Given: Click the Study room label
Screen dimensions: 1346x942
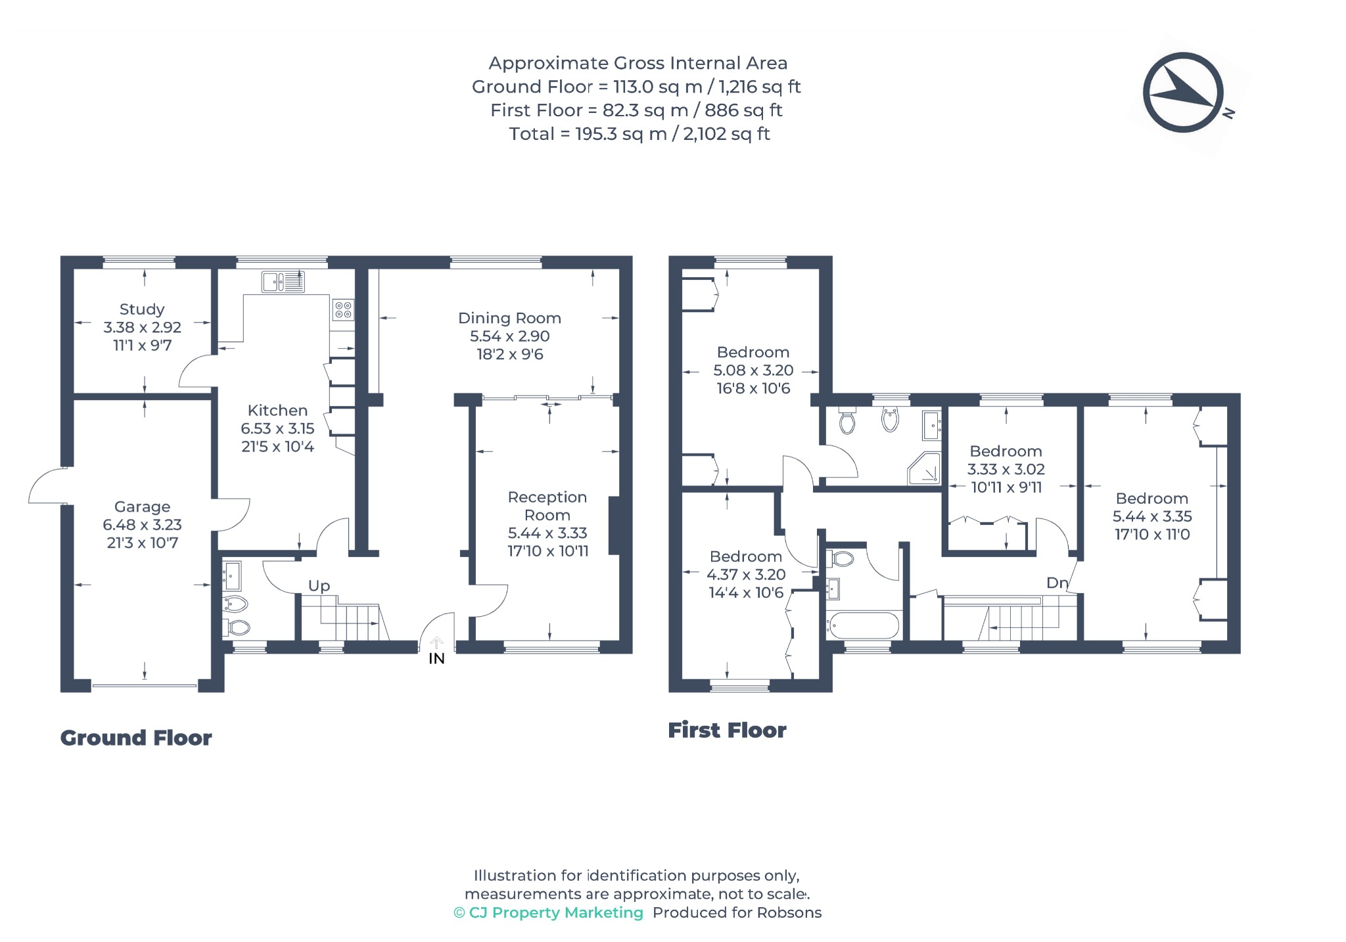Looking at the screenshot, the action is coord(142,309).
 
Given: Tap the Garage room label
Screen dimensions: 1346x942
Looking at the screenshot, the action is coord(142,506).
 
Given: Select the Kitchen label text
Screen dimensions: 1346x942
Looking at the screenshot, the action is coord(277,411).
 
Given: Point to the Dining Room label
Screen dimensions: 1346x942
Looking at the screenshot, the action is coord(509,319).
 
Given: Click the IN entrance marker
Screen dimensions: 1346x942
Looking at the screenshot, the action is coord(436,658).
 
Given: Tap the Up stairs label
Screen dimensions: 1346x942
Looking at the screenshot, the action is coord(319,586).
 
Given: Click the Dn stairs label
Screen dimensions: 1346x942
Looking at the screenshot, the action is coord(1057,583).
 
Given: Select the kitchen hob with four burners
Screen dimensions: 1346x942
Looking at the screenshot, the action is coord(343,309).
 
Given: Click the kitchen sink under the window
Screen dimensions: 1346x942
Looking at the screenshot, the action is coord(283,282).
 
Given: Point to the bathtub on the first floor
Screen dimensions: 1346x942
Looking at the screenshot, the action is coord(863,625).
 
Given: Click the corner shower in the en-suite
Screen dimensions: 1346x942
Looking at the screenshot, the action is coord(925,468).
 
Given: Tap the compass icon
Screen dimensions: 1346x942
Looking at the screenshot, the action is coord(1183,93).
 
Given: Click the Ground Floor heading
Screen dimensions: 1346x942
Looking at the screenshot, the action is coord(136,738).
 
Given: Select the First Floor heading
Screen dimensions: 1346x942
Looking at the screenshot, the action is coord(727,730).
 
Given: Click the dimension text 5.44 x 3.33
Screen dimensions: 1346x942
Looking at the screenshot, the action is coord(547,533).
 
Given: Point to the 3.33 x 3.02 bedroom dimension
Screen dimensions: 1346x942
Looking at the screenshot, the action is coord(1006,469).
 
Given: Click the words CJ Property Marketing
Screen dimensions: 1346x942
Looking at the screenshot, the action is coord(556,912).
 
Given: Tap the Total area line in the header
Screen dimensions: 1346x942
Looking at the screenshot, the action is coord(639,134).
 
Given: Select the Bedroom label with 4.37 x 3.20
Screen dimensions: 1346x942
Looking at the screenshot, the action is coord(745,556).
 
